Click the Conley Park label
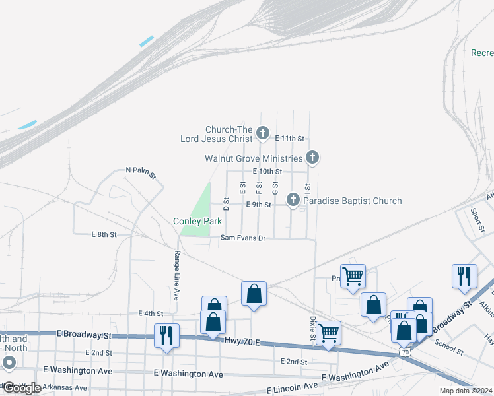click(197, 222)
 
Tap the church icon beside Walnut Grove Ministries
click(313, 158)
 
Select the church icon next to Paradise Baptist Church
click(293, 199)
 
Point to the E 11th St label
click(291, 139)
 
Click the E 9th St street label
click(258, 205)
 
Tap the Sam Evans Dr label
click(242, 238)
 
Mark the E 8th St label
click(104, 234)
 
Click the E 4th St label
click(151, 313)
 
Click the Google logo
click(22, 388)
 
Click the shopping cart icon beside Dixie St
click(328, 333)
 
